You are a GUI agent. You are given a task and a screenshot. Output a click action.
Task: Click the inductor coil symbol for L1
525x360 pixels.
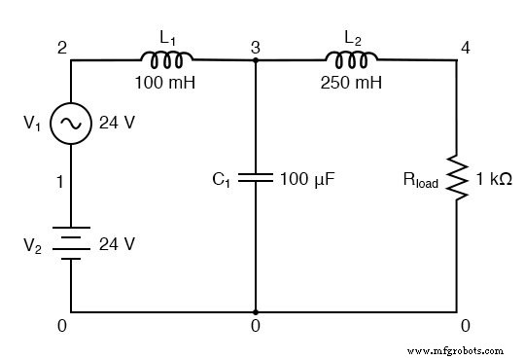(x=166, y=59)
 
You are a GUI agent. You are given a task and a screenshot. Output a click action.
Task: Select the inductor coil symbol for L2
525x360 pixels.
(x=351, y=59)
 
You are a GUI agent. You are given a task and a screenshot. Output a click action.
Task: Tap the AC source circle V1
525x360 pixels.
(x=71, y=124)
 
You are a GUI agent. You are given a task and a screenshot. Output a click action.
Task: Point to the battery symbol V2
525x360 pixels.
(x=71, y=243)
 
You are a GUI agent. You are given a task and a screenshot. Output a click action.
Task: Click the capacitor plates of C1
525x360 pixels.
(x=256, y=178)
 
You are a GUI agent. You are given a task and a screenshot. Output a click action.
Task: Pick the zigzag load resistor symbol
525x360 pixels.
(x=457, y=178)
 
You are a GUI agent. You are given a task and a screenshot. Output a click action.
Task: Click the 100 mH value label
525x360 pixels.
(x=165, y=83)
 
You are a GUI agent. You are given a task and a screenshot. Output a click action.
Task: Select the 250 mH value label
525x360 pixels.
(x=351, y=83)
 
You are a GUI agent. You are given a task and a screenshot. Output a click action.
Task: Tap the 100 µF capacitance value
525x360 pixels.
(x=307, y=179)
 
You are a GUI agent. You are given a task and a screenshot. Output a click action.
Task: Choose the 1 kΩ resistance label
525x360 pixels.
(x=494, y=179)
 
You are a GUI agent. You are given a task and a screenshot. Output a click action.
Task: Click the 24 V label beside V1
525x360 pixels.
(x=117, y=123)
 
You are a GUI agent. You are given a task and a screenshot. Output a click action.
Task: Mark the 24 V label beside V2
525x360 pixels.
(x=117, y=243)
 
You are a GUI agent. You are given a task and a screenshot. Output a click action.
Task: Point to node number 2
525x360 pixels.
(x=62, y=48)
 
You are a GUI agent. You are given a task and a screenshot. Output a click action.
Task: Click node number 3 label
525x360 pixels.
(x=256, y=48)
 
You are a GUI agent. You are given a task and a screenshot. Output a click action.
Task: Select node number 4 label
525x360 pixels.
(x=466, y=48)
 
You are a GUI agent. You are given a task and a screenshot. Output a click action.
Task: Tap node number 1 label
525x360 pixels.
(x=60, y=182)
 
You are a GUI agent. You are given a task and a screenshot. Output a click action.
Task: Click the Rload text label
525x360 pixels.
(x=421, y=180)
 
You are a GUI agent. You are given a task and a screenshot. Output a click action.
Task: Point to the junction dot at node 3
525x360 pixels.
(x=256, y=60)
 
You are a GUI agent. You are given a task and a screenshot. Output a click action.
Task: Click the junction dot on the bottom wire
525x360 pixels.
(x=256, y=312)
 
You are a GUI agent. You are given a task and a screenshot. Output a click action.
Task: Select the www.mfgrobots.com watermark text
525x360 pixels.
(x=455, y=351)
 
